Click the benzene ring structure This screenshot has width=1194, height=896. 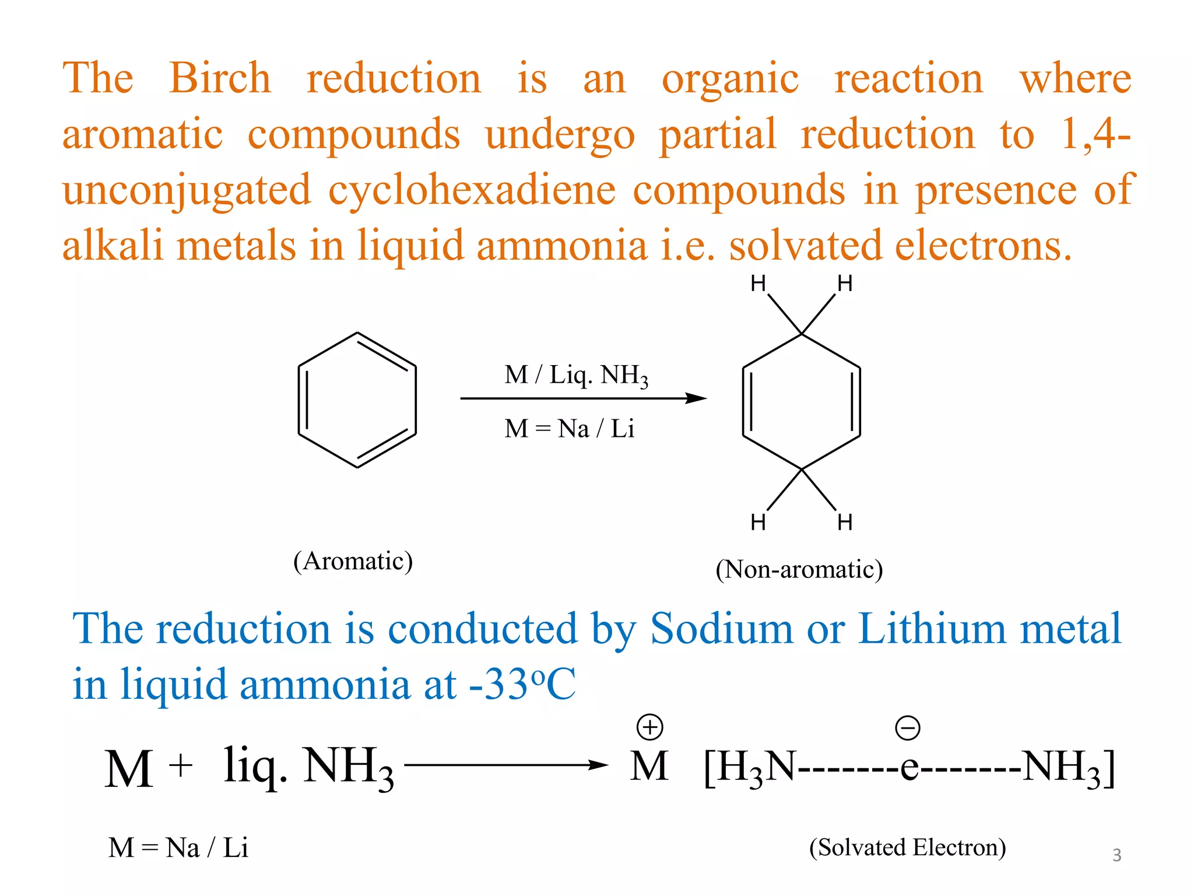coord(357,400)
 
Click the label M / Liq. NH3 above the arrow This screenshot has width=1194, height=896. coord(576,375)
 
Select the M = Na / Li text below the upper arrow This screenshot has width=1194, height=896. coord(569,429)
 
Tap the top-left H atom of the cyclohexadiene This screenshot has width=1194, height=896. coord(758,284)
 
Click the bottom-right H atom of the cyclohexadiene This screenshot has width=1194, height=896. coord(845,522)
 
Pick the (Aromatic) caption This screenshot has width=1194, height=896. coord(353,561)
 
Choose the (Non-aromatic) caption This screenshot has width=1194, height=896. coord(799,569)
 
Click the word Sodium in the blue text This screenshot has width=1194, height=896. coord(722,629)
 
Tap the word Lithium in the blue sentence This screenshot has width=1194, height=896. coord(932,629)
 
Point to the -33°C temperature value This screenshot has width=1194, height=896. coord(522,684)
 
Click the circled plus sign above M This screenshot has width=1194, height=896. coord(649,727)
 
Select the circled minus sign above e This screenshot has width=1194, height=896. coord(907,728)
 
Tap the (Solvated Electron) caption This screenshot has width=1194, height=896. coord(907,848)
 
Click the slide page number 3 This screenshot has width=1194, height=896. coord(1116,855)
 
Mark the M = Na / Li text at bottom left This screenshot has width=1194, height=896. coord(178,848)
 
